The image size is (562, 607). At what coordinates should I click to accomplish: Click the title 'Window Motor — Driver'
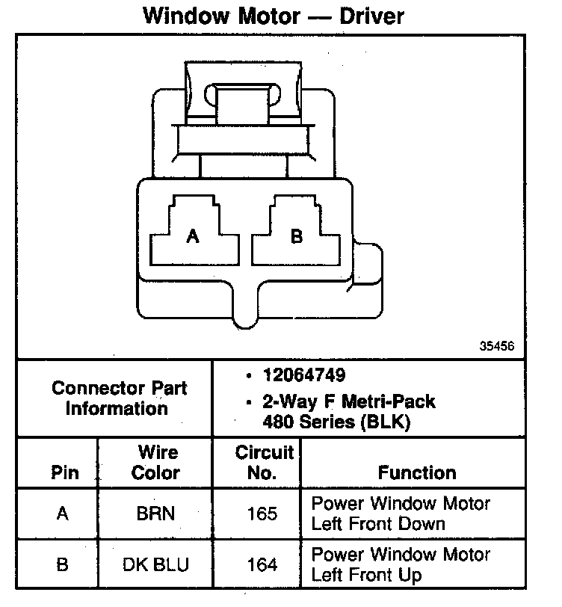(274, 16)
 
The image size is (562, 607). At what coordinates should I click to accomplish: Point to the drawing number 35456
(495, 347)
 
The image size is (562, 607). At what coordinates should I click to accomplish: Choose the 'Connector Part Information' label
(119, 398)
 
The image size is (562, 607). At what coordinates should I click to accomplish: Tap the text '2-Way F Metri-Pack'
(348, 401)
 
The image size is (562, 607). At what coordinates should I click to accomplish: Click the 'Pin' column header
(64, 473)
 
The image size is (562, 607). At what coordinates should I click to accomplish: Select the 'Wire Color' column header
(156, 463)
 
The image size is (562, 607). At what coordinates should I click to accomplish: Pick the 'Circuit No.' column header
(264, 463)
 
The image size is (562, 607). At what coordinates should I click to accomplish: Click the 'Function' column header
(416, 472)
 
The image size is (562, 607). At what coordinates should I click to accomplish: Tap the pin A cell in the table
(63, 514)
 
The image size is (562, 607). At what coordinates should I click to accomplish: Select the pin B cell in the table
(63, 564)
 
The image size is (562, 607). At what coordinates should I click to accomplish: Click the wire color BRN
(157, 514)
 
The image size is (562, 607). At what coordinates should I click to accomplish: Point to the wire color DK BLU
(157, 564)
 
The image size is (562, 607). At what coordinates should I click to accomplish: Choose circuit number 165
(262, 514)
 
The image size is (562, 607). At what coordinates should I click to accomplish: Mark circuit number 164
(262, 564)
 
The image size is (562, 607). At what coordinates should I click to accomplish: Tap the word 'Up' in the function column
(410, 575)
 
